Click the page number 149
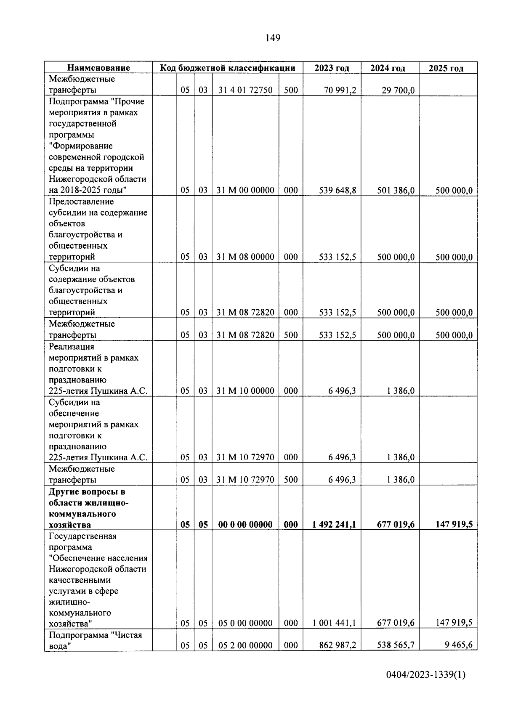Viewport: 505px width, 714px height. tap(273, 38)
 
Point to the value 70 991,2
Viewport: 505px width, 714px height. tap(338, 90)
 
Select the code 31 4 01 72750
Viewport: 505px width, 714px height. tap(245, 90)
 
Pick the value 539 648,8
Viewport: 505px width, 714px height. tap(338, 190)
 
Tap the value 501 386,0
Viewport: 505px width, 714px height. tap(396, 190)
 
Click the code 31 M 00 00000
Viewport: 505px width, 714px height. tap(245, 190)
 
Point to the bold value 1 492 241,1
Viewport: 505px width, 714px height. tap(334, 524)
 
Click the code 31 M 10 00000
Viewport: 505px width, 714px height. tap(245, 391)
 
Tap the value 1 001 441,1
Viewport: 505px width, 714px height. tap(334, 623)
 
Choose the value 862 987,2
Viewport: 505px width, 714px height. tap(338, 645)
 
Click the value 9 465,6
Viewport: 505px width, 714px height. tap(458, 645)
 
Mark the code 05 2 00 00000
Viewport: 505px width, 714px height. tap(245, 645)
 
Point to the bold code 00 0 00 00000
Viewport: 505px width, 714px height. tap(245, 525)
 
